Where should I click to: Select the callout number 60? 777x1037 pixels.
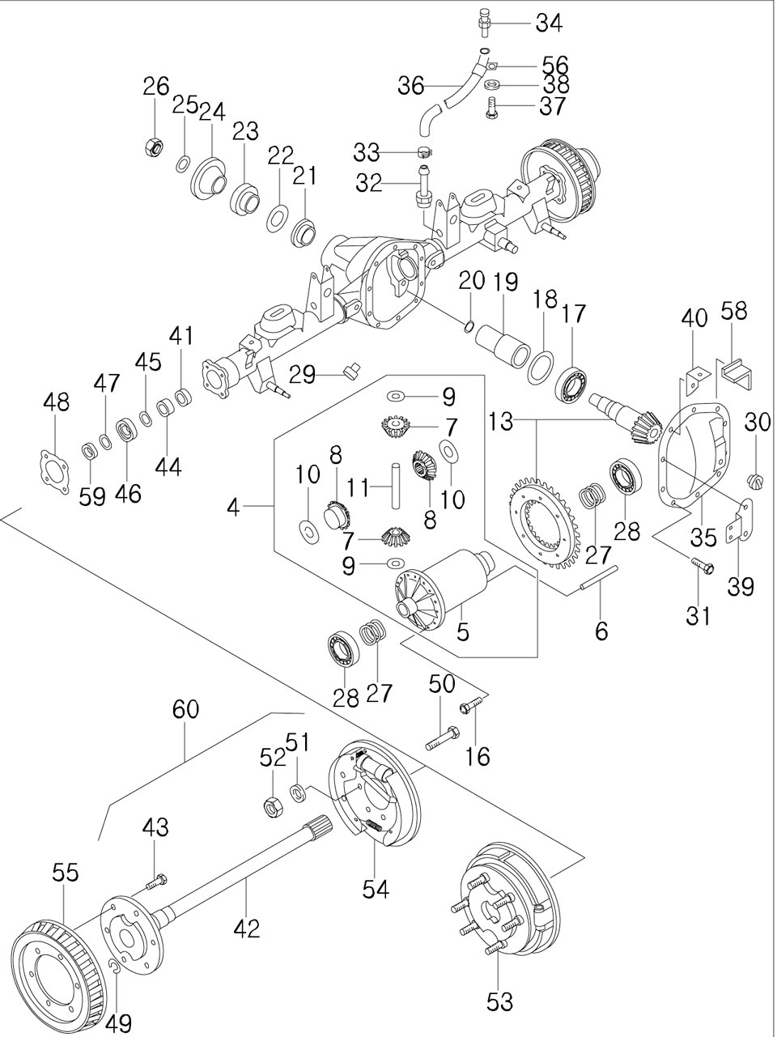coord(185,709)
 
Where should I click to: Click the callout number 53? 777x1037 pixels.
coord(500,1001)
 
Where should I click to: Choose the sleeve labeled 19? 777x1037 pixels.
coord(503,343)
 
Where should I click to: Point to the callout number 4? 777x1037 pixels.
coord(233,508)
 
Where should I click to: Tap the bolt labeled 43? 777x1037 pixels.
coord(158,880)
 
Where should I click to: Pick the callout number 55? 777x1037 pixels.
coord(66,872)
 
